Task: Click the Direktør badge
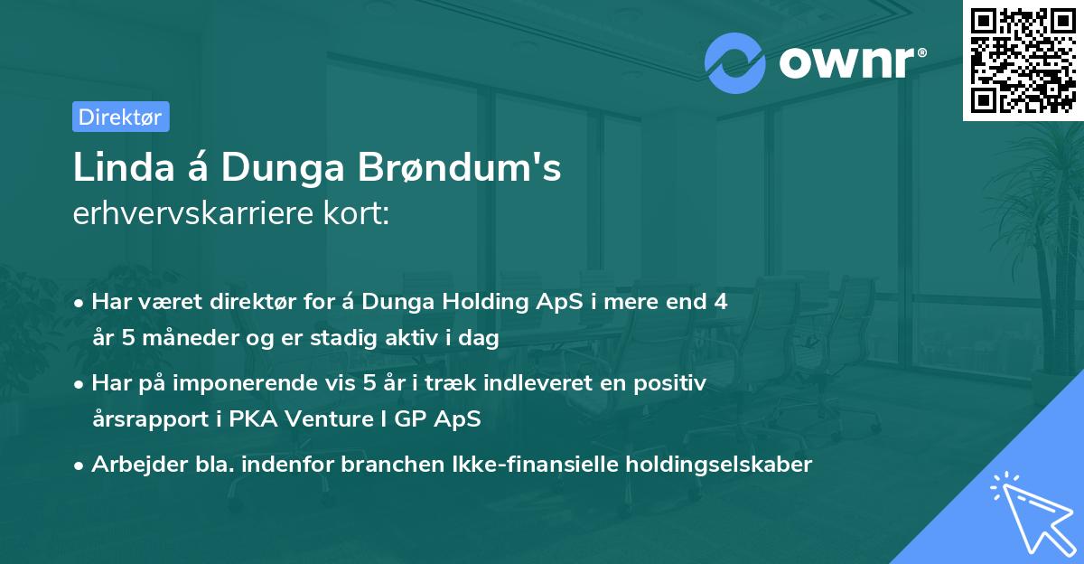120,117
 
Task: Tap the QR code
1023,60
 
